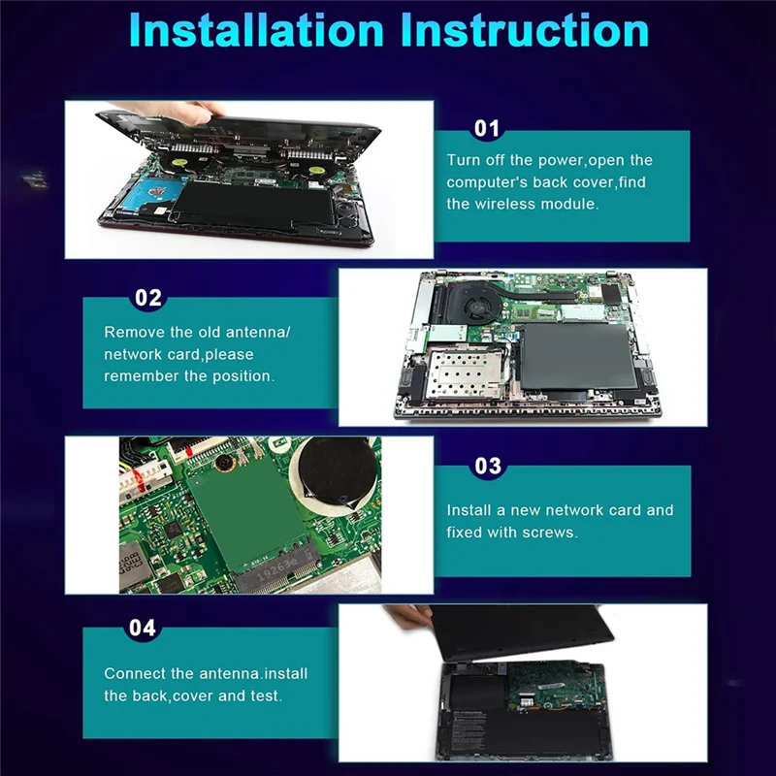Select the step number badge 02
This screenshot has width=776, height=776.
click(147, 298)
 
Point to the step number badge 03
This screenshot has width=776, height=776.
click(488, 467)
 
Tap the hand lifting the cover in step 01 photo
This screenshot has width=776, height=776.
click(189, 114)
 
